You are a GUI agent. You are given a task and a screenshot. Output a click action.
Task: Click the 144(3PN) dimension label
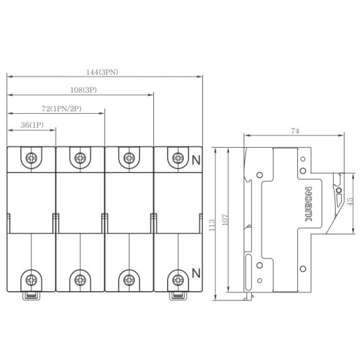[x=102, y=72]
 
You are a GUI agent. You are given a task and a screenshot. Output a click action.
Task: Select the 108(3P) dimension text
[x=84, y=90]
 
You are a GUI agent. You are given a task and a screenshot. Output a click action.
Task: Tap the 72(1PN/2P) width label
[x=62, y=109]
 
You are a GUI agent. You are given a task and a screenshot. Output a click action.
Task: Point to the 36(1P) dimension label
[x=32, y=125]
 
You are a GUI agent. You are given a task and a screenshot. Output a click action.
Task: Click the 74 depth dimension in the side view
[x=295, y=131]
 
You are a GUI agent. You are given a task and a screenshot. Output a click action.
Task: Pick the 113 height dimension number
[x=212, y=225]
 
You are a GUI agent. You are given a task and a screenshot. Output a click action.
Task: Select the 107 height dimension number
[x=225, y=220]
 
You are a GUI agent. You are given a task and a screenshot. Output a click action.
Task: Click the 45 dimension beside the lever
[x=350, y=202]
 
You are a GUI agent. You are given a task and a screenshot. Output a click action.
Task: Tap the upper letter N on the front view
[x=196, y=160]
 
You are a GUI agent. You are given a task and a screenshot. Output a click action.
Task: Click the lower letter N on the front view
[x=196, y=273]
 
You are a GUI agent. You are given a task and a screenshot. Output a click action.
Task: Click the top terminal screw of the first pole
[x=31, y=158]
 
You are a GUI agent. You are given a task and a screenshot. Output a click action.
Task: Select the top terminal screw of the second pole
[x=80, y=158]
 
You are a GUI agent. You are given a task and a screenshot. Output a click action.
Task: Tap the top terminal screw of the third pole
[x=129, y=158]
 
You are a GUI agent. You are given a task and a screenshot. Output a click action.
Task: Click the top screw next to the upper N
[x=178, y=158]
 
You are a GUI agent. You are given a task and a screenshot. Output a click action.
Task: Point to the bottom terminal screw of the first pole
[x=31, y=280]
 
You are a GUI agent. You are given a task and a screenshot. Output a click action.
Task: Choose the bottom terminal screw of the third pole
[x=129, y=280]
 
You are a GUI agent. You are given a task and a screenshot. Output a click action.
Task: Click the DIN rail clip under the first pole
[x=31, y=296]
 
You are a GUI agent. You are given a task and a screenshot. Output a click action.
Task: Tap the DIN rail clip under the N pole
[x=178, y=296]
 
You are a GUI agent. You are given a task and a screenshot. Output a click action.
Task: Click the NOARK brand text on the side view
[x=309, y=204]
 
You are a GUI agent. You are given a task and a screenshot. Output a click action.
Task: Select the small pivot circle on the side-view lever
[x=338, y=190]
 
